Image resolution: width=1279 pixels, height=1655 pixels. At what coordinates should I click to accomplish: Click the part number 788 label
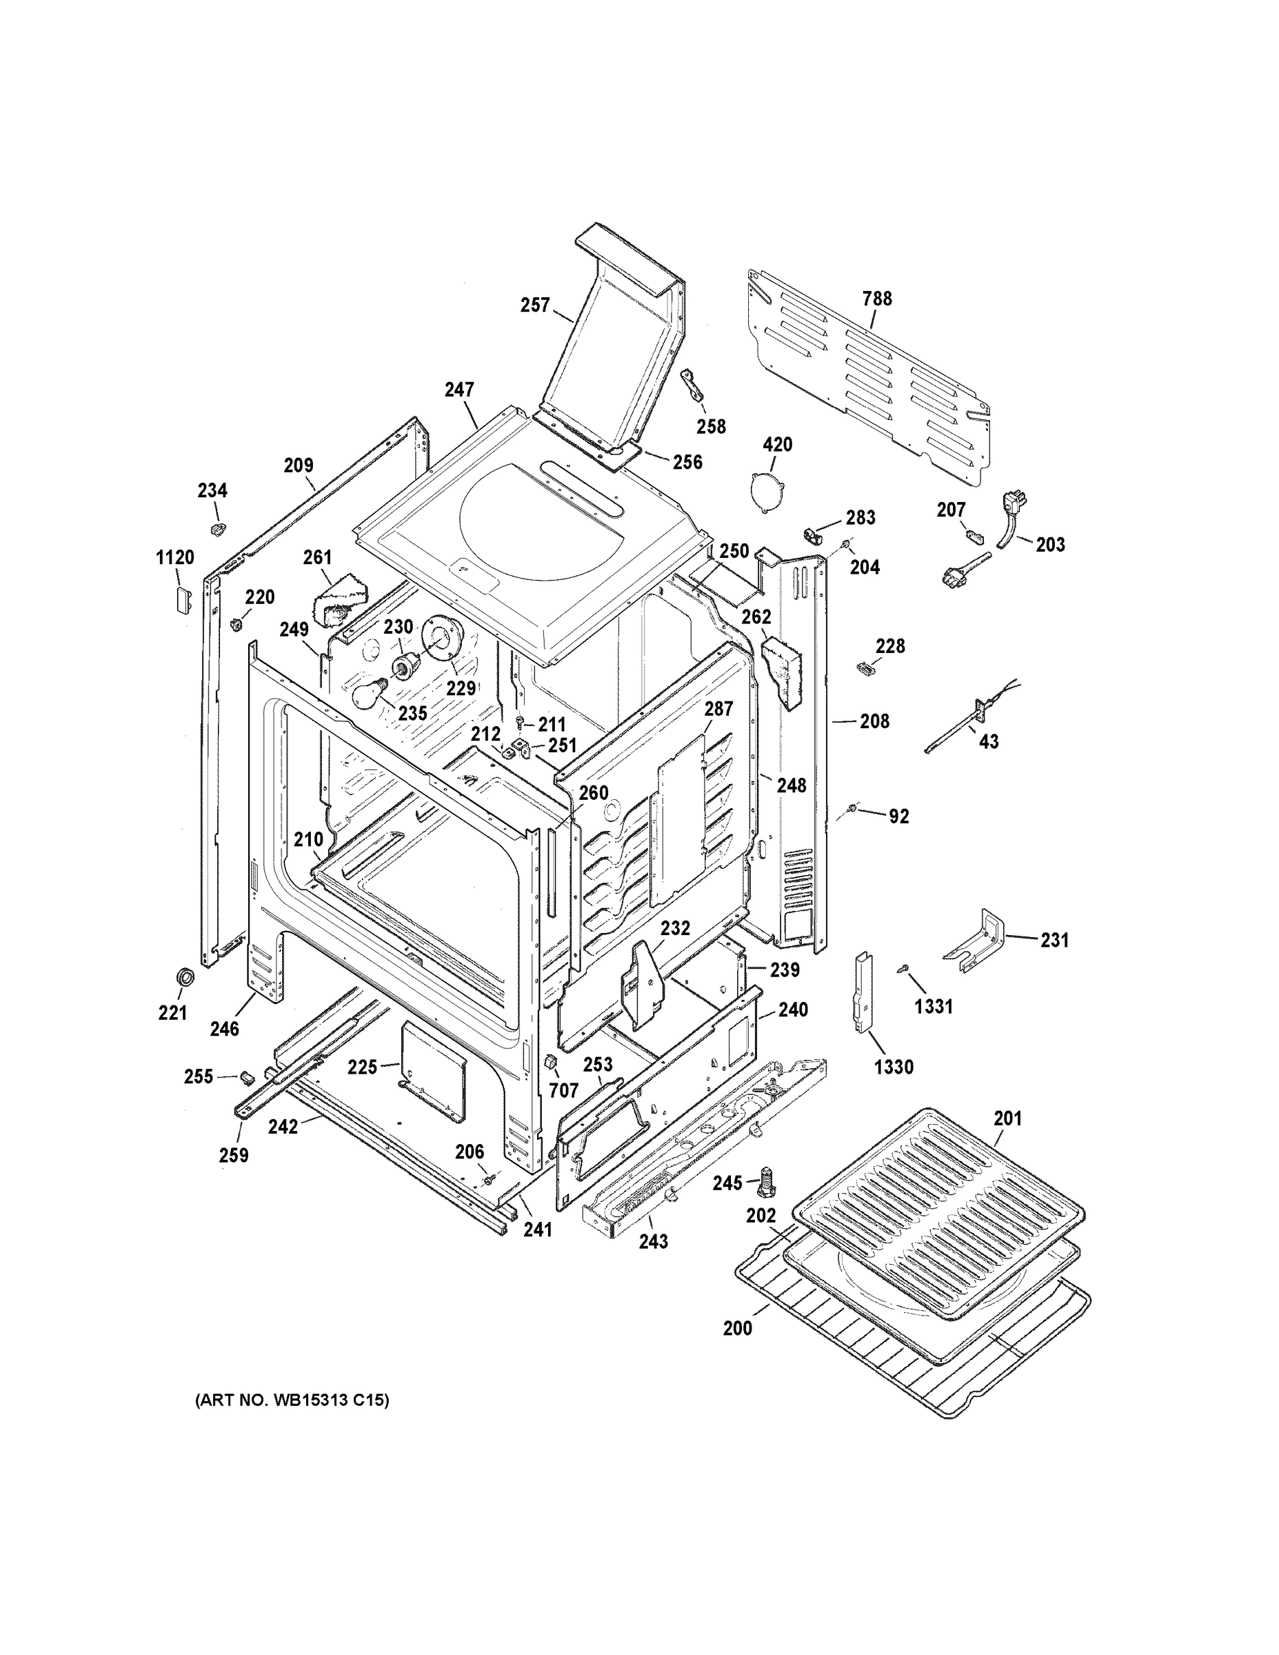point(876,299)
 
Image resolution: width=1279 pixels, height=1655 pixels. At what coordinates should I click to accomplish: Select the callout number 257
point(535,305)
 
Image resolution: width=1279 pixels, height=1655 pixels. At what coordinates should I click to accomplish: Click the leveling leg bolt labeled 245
point(766,1178)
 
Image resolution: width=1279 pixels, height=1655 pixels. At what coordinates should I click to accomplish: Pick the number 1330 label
point(894,1067)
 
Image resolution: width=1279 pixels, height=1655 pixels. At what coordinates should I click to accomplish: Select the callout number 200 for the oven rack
point(737,1327)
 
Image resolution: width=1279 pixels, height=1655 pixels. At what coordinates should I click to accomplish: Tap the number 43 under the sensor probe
point(989,741)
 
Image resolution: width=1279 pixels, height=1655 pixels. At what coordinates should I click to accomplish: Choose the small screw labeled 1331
point(903,969)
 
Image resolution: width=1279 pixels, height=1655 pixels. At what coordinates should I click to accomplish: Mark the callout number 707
point(564,1090)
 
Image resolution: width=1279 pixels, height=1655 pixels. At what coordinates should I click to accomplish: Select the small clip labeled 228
point(865,668)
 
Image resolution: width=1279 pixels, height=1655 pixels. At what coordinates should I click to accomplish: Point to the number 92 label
point(898,817)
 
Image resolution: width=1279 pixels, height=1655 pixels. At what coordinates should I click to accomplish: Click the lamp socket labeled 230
point(403,665)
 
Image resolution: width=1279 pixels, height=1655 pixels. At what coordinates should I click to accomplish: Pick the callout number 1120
point(175,558)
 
